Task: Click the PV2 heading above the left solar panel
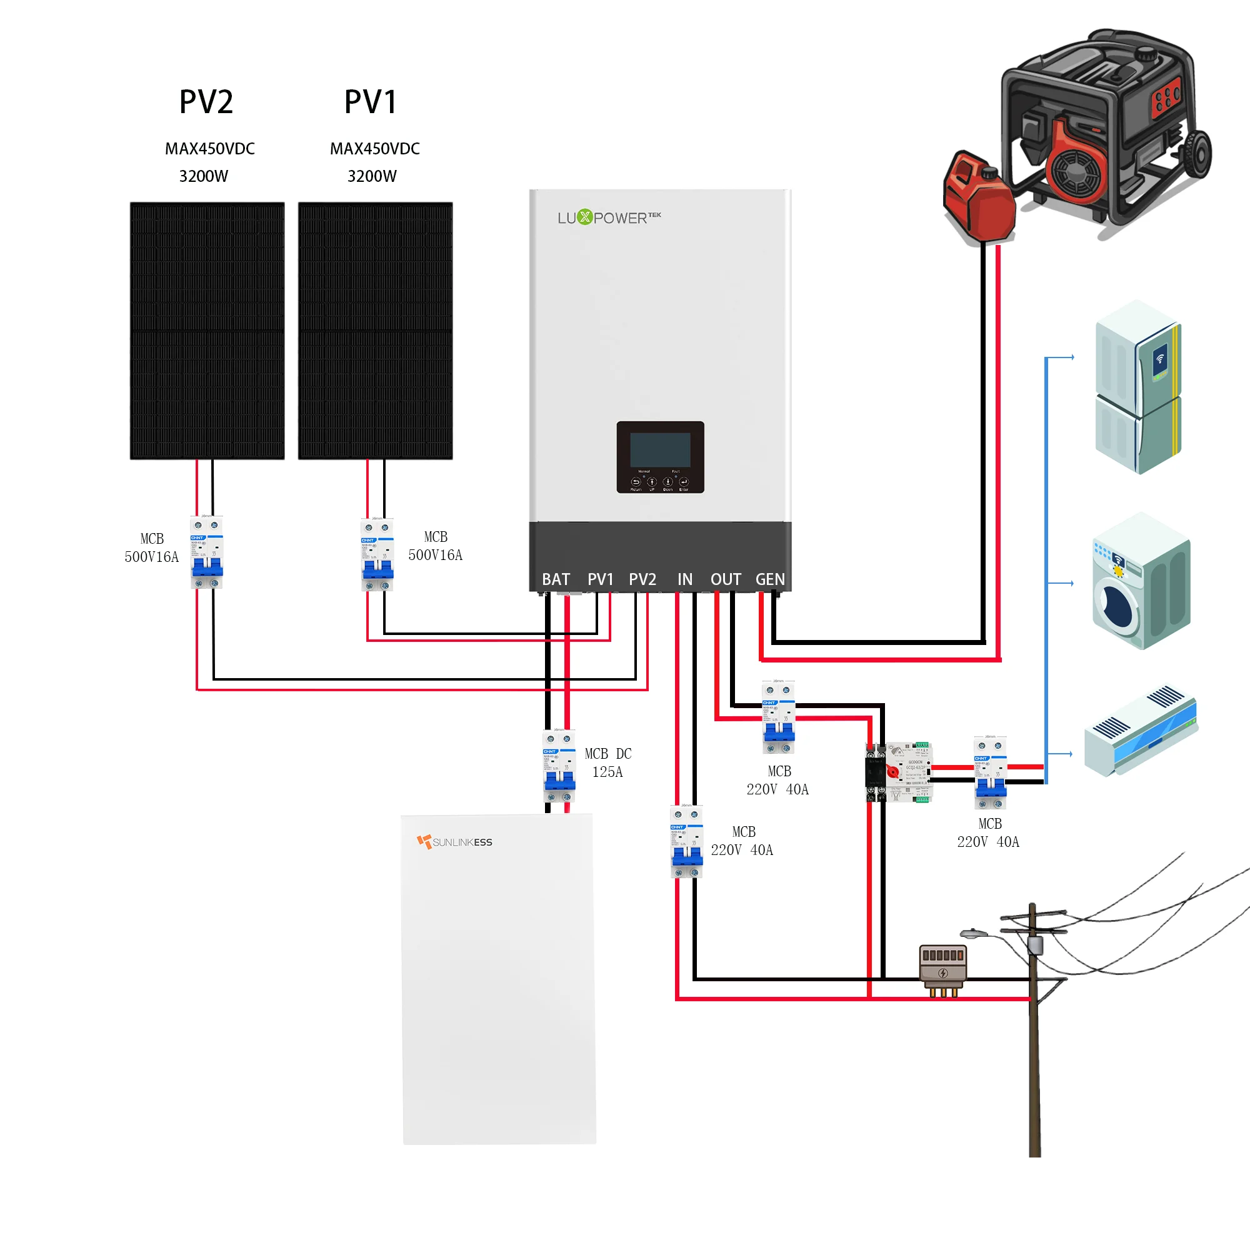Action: click(206, 102)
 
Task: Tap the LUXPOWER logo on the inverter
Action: click(609, 217)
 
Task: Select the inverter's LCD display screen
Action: click(660, 449)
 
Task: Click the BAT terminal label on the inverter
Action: click(556, 579)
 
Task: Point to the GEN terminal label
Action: click(770, 579)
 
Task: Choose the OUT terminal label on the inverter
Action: click(725, 579)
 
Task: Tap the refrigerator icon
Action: click(1138, 386)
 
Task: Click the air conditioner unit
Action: click(1141, 731)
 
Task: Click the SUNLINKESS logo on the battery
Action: click(455, 842)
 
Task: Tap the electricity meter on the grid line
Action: click(942, 969)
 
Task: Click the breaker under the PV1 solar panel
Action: click(377, 554)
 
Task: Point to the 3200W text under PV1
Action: click(372, 176)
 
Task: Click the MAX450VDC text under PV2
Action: click(209, 149)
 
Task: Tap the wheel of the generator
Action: click(1198, 153)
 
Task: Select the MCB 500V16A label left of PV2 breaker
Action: click(151, 547)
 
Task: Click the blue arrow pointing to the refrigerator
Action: click(1061, 357)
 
